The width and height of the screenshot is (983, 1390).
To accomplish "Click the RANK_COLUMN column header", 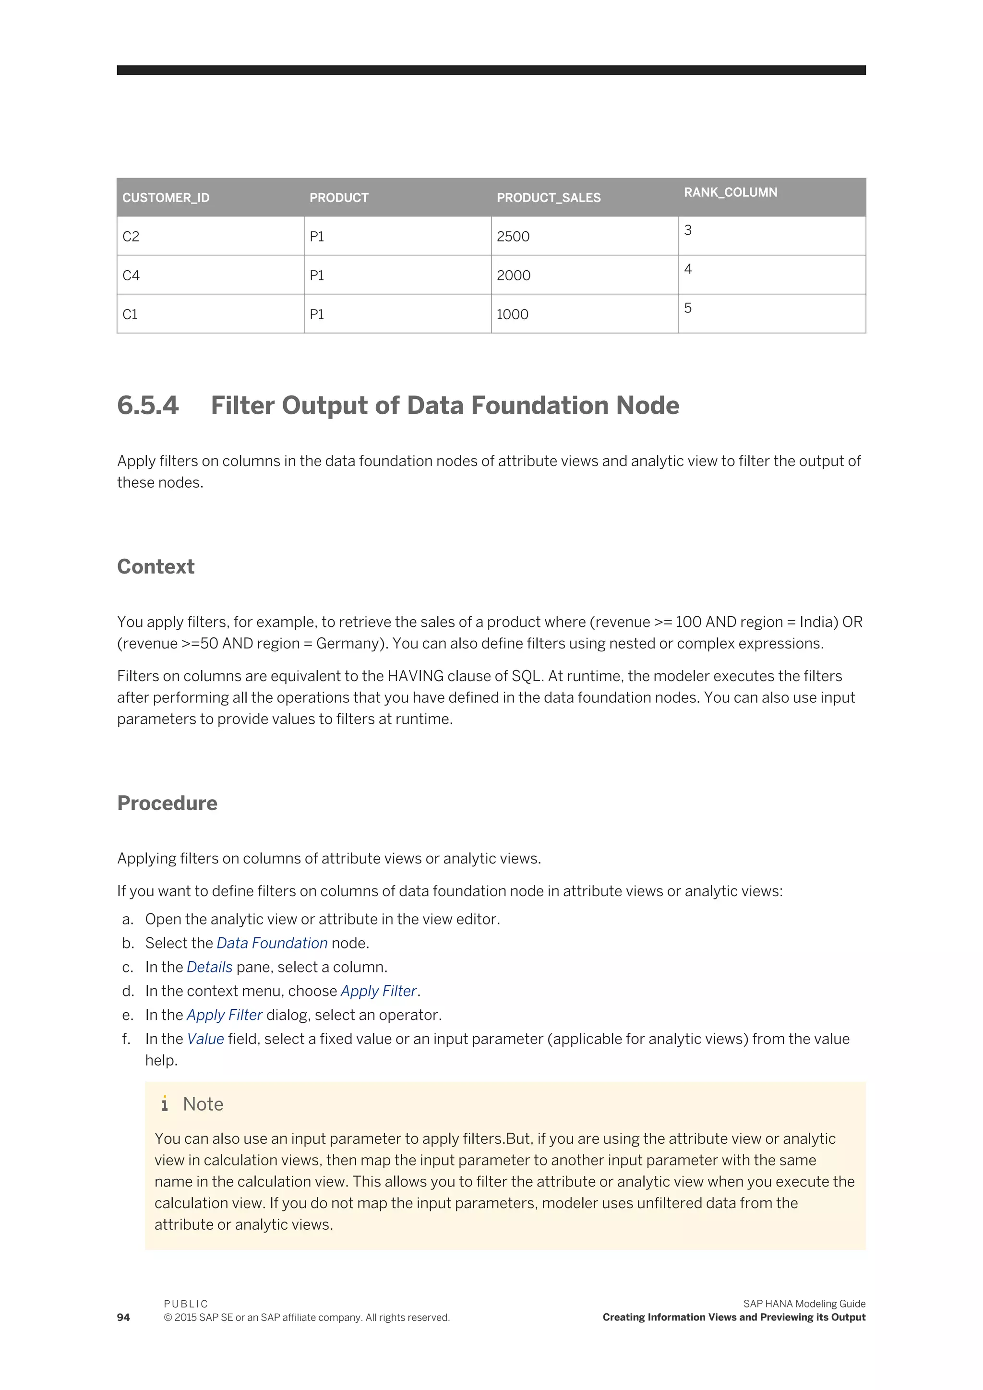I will point(730,192).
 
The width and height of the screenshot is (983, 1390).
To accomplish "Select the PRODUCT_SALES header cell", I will point(549,198).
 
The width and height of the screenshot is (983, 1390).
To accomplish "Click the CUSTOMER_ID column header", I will point(166,198).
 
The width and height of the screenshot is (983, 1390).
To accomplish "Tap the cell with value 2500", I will point(513,237).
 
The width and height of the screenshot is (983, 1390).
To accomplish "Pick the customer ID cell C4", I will point(131,276).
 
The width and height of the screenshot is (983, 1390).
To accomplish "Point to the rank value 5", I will point(688,308).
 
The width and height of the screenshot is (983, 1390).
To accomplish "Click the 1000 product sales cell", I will point(512,314).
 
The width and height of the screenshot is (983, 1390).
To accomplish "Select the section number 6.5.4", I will point(148,406).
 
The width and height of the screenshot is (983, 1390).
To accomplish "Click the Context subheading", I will point(156,567).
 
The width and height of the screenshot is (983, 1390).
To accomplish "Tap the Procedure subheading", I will point(167,803).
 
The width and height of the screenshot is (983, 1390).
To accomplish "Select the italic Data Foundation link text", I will point(272,943).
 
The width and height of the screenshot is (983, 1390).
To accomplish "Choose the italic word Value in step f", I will point(205,1039).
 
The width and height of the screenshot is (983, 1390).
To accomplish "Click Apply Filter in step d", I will point(378,991).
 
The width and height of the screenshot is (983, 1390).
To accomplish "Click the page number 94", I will point(123,1318).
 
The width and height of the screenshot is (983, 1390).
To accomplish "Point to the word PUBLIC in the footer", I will point(186,1304).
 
